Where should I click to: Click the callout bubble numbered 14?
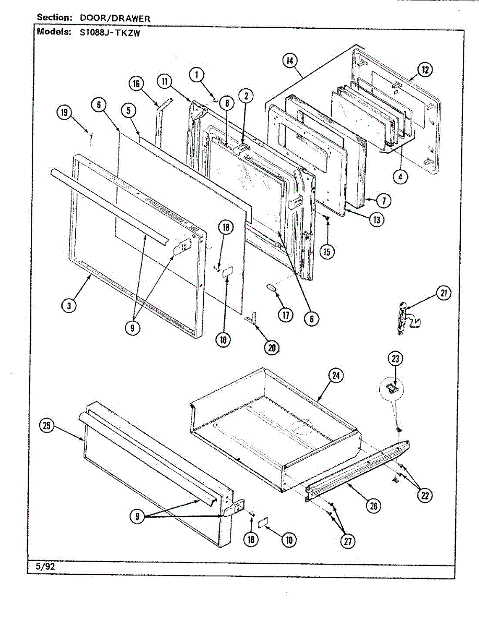289,61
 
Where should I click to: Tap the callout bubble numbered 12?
425,69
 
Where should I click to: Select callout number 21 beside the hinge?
443,294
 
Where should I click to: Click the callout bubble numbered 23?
395,358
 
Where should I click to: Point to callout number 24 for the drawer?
335,375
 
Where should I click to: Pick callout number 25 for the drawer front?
47,426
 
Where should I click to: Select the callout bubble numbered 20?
272,346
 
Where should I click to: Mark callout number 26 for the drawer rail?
373,505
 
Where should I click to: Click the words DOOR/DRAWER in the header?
115,18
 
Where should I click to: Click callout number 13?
376,219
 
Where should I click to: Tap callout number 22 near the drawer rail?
424,495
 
